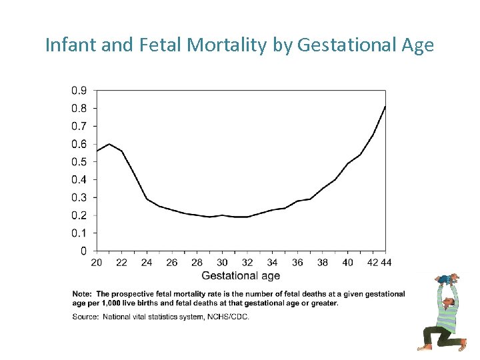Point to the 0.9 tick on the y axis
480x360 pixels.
pyautogui.click(x=79, y=91)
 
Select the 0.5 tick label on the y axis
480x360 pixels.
pyautogui.click(x=79, y=162)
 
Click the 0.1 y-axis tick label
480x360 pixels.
pyautogui.click(x=79, y=233)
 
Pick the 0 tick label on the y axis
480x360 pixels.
pyautogui.click(x=83, y=251)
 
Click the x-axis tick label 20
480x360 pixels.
pyautogui.click(x=97, y=263)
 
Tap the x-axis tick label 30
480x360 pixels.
pyautogui.click(x=222, y=263)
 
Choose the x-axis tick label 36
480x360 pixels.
pyautogui.click(x=297, y=263)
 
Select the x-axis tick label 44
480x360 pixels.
pyautogui.click(x=386, y=263)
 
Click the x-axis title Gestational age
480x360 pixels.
pyautogui.click(x=241, y=275)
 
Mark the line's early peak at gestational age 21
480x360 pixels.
pyautogui.click(x=109, y=144)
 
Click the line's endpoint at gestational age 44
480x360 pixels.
pyautogui.click(x=385, y=107)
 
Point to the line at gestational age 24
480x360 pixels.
pyautogui.click(x=147, y=199)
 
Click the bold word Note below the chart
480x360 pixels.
pyautogui.click(x=83, y=294)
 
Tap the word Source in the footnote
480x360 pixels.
pyautogui.click(x=85, y=317)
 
